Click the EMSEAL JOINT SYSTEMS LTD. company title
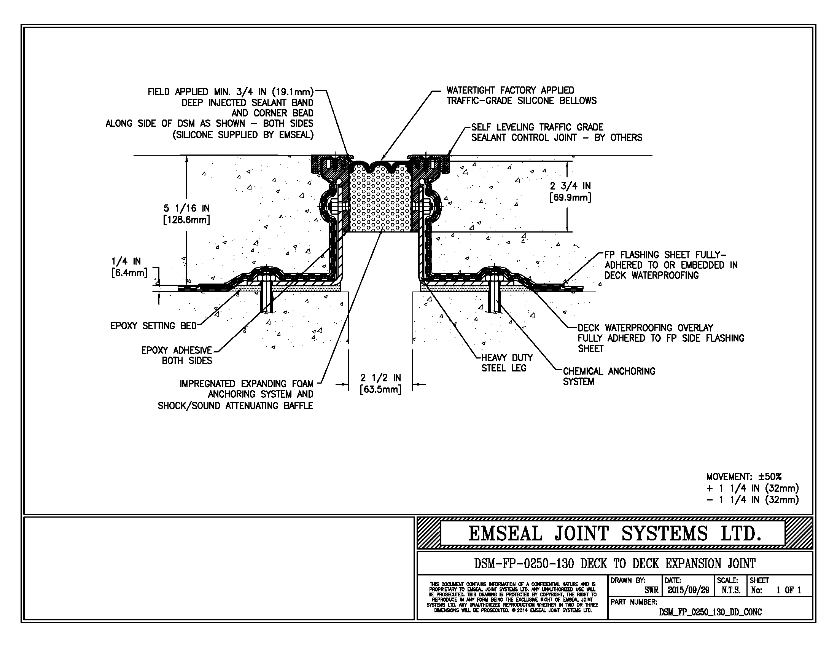[614, 534]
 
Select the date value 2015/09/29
[688, 590]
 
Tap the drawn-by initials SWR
[651, 590]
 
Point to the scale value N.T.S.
[731, 590]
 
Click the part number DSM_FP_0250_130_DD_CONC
[710, 612]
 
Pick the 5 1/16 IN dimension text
[187, 208]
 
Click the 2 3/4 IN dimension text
[570, 186]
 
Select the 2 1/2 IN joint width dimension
[380, 378]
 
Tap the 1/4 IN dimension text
[126, 261]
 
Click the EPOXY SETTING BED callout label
[153, 326]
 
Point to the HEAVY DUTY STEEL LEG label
[507, 363]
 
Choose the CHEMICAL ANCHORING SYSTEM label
[609, 376]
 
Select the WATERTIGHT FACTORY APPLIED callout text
[510, 91]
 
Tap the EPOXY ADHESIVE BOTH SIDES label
[177, 355]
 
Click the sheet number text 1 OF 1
[789, 590]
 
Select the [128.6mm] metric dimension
[187, 220]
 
